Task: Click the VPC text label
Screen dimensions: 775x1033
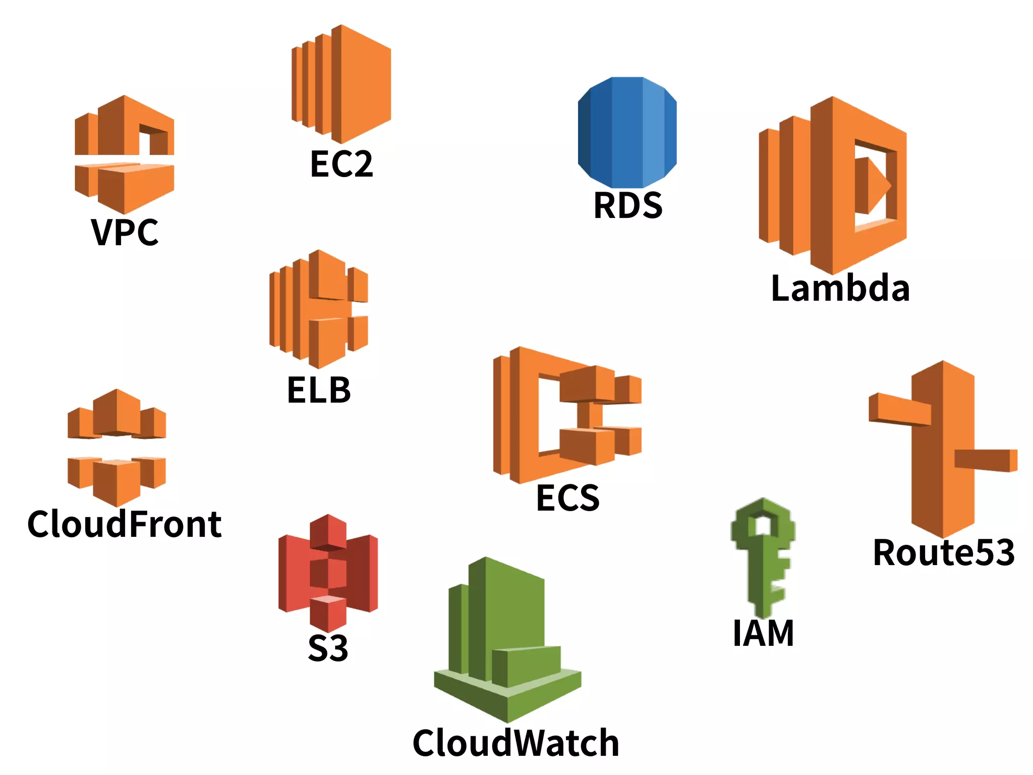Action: [125, 233]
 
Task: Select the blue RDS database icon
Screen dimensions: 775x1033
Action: [627, 132]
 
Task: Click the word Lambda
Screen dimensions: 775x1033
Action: [840, 289]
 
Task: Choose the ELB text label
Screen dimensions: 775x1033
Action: [319, 391]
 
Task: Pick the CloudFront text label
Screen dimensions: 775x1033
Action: [125, 524]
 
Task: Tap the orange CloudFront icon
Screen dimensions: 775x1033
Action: [117, 448]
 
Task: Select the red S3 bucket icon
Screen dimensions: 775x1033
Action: [328, 573]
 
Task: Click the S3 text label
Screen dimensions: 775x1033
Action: [328, 648]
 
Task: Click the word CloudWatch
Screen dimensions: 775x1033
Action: [515, 743]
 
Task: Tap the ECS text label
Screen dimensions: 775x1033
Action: [567, 498]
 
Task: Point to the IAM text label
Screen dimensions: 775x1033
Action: [763, 633]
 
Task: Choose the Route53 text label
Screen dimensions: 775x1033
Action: [943, 552]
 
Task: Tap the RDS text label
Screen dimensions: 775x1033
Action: [628, 206]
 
